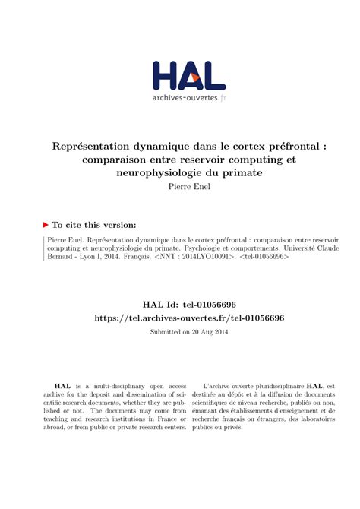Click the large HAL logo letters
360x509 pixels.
[x=188, y=76]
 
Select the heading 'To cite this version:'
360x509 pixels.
[x=94, y=225]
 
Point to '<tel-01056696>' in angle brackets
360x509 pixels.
[x=265, y=257]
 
